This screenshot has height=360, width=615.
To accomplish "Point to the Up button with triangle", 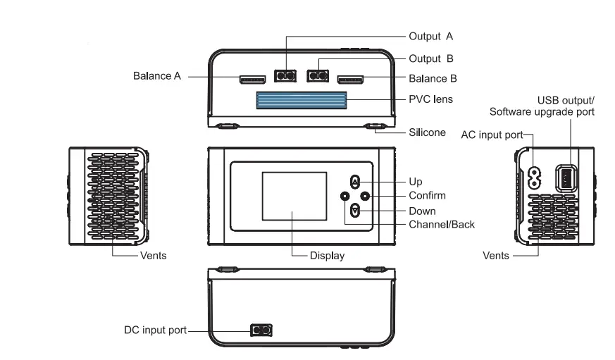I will point(355,181).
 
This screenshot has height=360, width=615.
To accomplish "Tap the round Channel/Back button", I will point(344,196).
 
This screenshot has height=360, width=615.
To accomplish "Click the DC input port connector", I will point(261,330).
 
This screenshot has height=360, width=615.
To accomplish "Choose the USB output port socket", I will point(566,178).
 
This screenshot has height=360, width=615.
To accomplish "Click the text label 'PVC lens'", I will point(430,100).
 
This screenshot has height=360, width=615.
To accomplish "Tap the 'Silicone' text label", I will point(427,132).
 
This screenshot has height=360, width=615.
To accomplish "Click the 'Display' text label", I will point(327,256).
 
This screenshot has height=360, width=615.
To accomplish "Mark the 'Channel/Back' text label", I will point(442,225).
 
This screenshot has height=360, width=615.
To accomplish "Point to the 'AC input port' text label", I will point(491,135).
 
